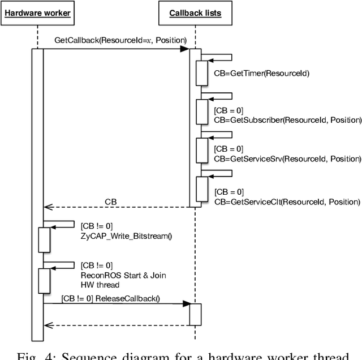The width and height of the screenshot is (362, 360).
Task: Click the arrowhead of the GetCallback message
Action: (x=184, y=50)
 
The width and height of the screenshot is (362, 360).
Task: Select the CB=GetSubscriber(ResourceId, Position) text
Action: (x=287, y=119)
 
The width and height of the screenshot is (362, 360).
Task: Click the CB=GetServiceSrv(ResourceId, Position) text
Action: (x=287, y=160)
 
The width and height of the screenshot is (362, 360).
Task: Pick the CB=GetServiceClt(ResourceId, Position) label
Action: (x=287, y=201)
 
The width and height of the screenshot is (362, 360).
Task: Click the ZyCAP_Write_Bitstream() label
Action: (x=126, y=235)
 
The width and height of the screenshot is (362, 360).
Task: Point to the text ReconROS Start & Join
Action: (x=123, y=275)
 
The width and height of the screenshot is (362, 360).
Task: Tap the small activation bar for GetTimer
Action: (x=202, y=72)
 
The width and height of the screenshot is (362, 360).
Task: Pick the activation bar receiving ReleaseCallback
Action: (x=195, y=314)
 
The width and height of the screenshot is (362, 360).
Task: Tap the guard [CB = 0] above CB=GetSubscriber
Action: (x=229, y=110)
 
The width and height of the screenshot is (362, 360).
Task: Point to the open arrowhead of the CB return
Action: (x=48, y=208)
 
